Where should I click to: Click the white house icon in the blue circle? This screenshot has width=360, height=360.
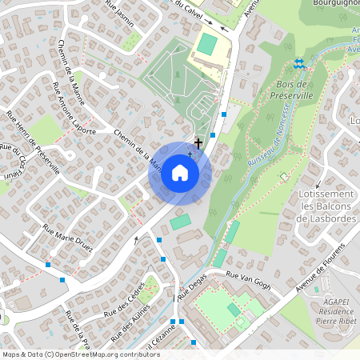180,173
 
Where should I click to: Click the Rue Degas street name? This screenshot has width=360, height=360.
191,286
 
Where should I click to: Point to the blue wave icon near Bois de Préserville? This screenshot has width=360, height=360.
299,63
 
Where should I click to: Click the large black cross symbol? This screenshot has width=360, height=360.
198,142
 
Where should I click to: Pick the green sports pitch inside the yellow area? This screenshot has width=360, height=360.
207,43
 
